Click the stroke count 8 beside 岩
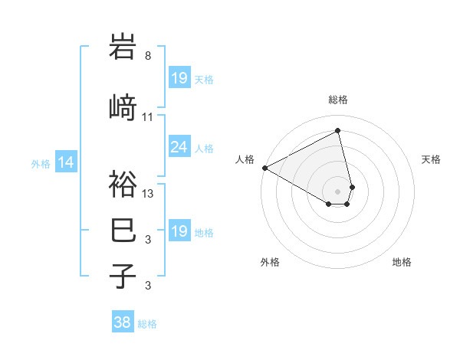[148, 55]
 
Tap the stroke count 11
[148, 117]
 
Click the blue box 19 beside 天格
[179, 78]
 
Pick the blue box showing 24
[179, 147]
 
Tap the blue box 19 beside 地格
[179, 231]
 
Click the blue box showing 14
[66, 162]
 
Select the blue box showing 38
[122, 322]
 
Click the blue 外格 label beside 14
[41, 163]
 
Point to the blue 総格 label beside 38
[147, 324]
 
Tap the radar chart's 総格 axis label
[338, 100]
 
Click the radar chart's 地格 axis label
[402, 262]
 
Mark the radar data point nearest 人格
[264, 168]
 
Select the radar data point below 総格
[338, 131]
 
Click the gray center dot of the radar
[338, 191]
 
